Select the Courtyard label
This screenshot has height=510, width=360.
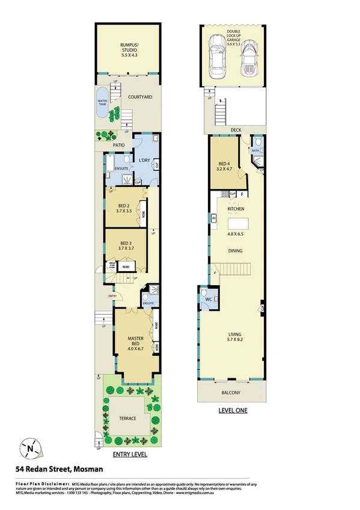[140, 97]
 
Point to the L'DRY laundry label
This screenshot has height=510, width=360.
[144, 160]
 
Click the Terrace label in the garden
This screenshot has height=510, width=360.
[127, 418]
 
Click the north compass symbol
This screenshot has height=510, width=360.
[29, 447]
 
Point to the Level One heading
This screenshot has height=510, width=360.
[232, 411]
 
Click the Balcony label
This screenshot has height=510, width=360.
[231, 393]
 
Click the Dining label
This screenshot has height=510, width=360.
[235, 252]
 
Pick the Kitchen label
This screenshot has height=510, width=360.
[235, 209]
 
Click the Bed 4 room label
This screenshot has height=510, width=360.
[224, 164]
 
